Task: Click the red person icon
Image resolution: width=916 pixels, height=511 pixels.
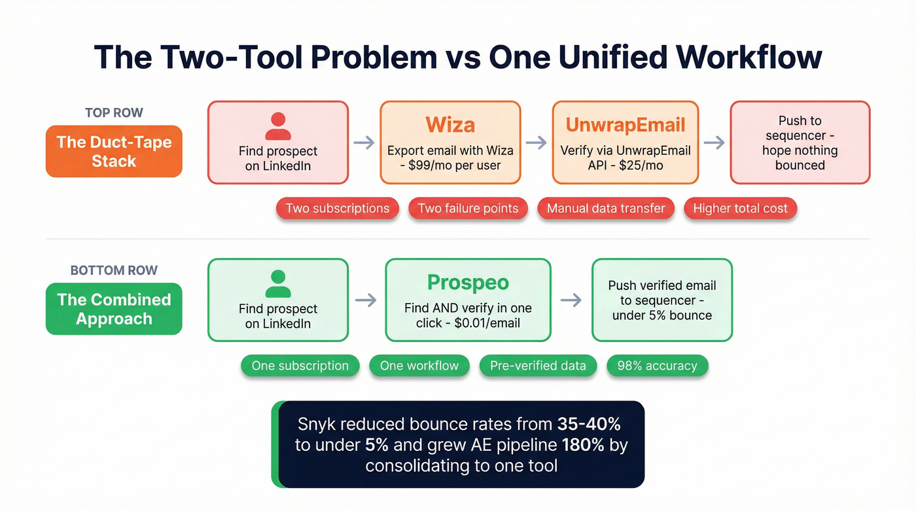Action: (x=278, y=126)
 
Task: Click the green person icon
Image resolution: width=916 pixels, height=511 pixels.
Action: (x=278, y=284)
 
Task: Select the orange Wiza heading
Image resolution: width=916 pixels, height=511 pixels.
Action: (x=450, y=124)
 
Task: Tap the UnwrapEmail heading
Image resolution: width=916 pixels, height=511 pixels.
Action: (x=625, y=124)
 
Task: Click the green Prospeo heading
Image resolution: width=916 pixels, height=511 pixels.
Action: (x=468, y=282)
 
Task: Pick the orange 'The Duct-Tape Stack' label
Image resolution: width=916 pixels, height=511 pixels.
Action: (x=114, y=151)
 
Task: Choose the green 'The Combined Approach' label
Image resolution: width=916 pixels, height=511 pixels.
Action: (x=114, y=309)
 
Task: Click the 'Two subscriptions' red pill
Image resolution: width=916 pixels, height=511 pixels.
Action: (x=338, y=209)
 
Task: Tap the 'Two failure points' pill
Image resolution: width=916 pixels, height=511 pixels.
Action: (x=468, y=209)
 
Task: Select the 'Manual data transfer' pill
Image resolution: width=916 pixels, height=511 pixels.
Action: (x=606, y=209)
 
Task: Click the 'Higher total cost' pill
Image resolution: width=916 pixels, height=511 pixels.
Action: (x=741, y=209)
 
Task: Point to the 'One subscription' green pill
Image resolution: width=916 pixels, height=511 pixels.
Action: (x=300, y=366)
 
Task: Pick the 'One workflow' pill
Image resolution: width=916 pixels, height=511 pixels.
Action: (x=419, y=366)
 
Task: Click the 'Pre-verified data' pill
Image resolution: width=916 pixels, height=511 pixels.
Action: (x=538, y=366)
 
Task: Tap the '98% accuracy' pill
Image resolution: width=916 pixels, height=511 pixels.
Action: (x=658, y=366)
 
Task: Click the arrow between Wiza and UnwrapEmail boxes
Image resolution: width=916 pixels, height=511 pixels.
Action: (x=537, y=143)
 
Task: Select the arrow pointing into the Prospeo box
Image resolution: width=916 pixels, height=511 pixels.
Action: (x=366, y=300)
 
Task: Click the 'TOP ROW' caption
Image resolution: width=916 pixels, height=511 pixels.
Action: (x=114, y=113)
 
